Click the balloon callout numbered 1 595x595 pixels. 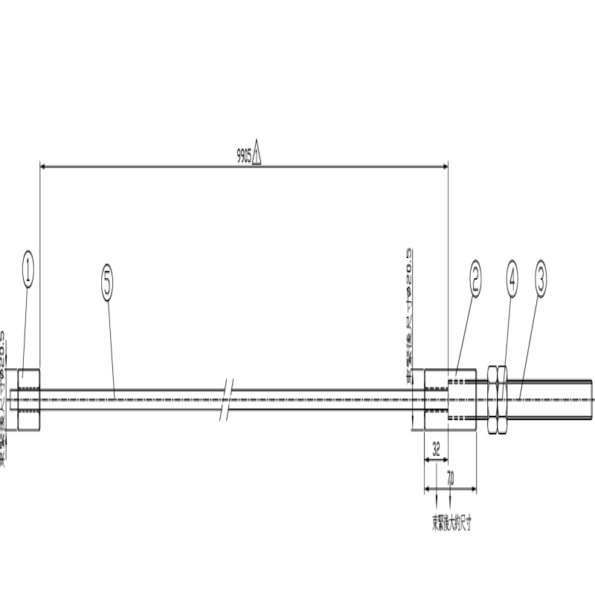tap(28, 269)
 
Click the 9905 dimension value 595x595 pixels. tap(243, 157)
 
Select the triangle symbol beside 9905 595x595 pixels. tap(257, 155)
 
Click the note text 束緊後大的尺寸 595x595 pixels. tap(451, 523)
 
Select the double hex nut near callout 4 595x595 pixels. tap(496, 399)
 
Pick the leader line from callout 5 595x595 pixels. tap(112, 342)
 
